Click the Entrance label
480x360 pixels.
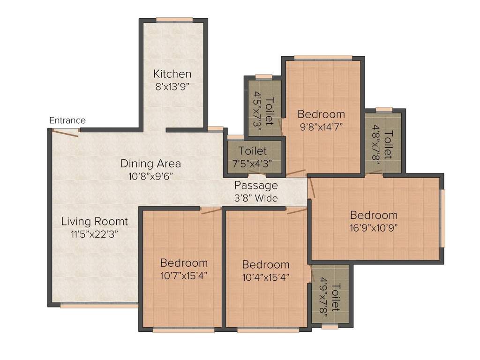pyautogui.click(x=67, y=120)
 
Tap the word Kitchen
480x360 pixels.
pyautogui.click(x=172, y=74)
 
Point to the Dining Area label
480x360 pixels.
pyautogui.click(x=150, y=164)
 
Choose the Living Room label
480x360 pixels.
pyautogui.click(x=95, y=221)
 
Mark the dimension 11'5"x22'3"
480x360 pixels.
pyautogui.click(x=95, y=234)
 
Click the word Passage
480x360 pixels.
pyautogui.click(x=256, y=185)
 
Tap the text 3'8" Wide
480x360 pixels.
pyautogui.click(x=256, y=198)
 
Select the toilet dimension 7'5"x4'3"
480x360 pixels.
pyautogui.click(x=253, y=164)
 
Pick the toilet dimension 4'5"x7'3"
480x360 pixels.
pyautogui.click(x=256, y=111)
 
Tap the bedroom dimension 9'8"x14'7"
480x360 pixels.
pyautogui.click(x=322, y=126)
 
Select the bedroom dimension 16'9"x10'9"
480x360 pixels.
pyautogui.click(x=374, y=228)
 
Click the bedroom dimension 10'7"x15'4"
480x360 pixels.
pyautogui.click(x=184, y=275)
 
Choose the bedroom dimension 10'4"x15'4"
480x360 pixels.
pyautogui.click(x=266, y=277)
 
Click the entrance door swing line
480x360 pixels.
pyautogui.click(x=65, y=134)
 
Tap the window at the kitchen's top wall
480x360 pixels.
pyautogui.click(x=174, y=20)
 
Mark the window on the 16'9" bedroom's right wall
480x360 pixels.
pyautogui.click(x=443, y=218)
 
